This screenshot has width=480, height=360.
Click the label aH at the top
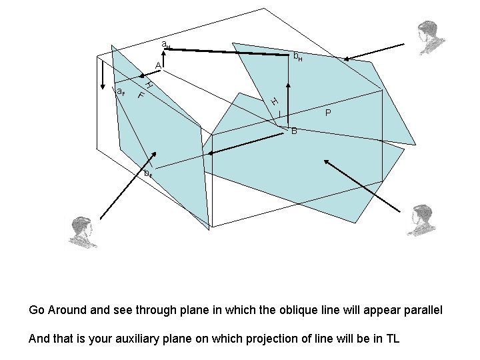click(166, 45)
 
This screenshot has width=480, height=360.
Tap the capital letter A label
click(157, 65)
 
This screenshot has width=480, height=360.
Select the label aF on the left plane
click(121, 92)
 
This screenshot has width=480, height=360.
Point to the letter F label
click(141, 95)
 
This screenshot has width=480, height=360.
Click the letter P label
click(328, 113)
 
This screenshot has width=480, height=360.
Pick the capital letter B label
click(294, 131)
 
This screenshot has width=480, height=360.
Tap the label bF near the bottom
click(148, 173)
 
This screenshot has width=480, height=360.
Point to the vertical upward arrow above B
click(289, 103)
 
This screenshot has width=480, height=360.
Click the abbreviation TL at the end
click(391, 338)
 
